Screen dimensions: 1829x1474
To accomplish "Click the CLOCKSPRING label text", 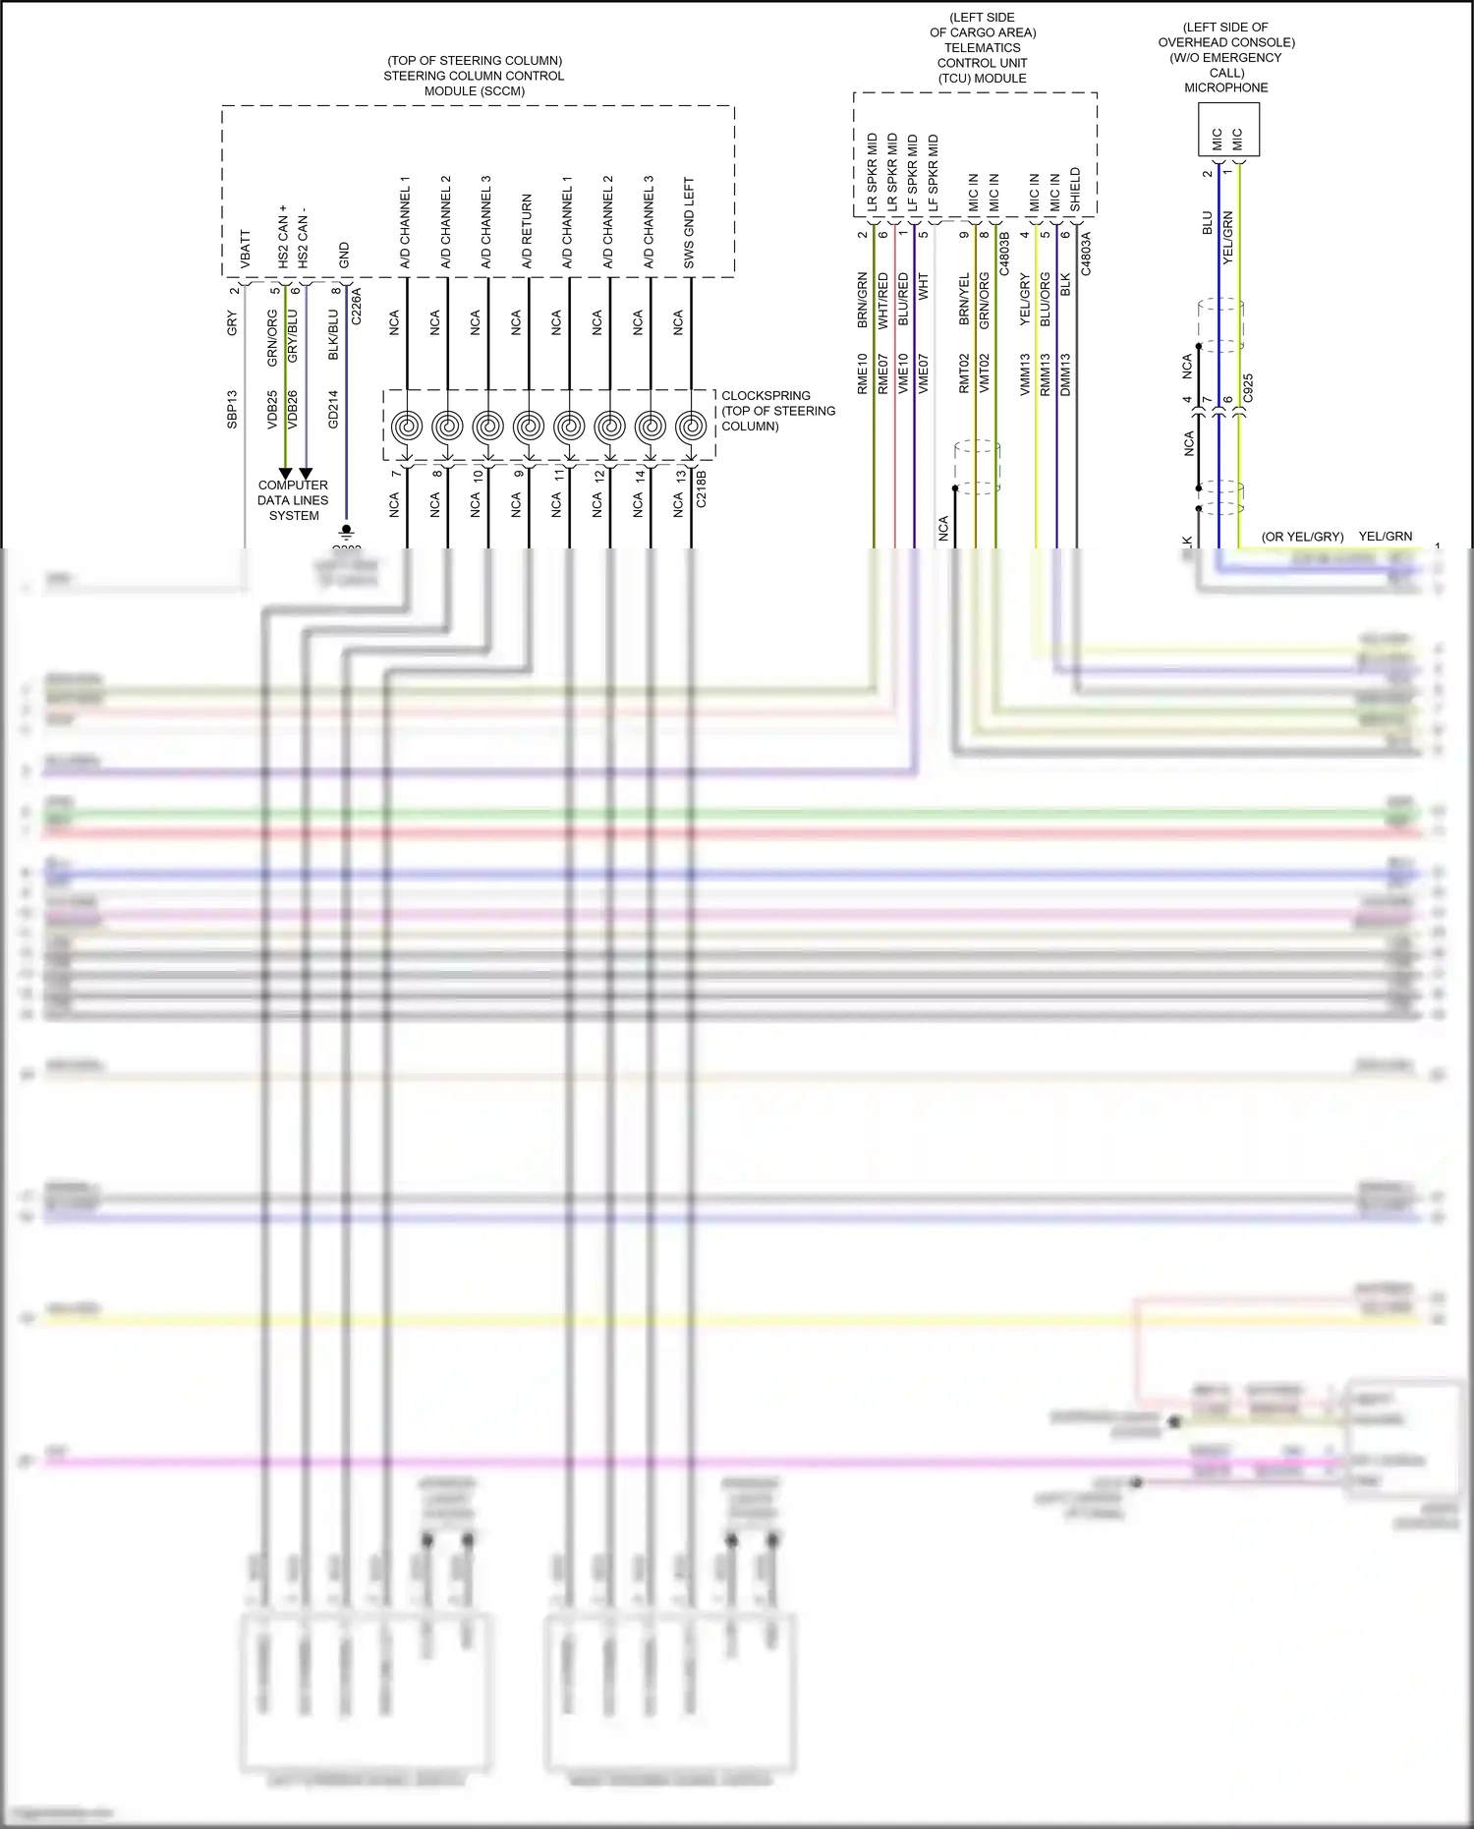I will point(765,396).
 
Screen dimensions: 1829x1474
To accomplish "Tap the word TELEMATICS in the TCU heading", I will point(982,48).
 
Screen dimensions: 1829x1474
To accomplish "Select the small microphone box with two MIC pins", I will point(1227,130).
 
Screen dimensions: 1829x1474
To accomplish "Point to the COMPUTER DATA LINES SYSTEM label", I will point(293,500).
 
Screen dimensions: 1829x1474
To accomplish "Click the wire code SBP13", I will point(233,409).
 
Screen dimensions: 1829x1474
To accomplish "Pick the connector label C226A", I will point(357,306).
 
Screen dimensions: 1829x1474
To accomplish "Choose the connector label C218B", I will point(701,488).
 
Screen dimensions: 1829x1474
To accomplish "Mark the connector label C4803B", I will point(1004,254).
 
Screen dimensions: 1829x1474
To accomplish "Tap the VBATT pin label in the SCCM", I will point(246,250).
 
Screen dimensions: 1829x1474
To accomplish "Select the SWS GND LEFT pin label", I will point(689,223).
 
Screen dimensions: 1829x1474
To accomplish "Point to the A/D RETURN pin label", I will point(527,231).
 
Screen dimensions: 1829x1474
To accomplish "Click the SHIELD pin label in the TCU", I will point(1075,189).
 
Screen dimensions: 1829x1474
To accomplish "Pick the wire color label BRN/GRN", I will point(863,300).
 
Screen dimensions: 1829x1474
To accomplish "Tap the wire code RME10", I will point(863,373).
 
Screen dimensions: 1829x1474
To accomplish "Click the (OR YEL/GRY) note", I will point(1302,537).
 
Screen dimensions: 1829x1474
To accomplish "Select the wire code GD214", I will point(333,409).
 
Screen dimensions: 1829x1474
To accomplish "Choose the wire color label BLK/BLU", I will point(333,335).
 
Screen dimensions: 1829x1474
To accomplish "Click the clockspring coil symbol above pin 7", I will point(406,427).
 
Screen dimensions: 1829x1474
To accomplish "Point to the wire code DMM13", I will point(1065,374).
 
